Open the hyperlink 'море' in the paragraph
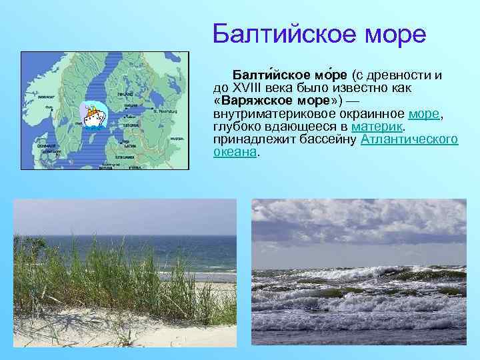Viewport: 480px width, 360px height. click(426, 114)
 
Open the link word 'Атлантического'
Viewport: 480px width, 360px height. click(409, 139)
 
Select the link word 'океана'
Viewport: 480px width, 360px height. click(235, 152)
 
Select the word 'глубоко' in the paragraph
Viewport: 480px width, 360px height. click(235, 127)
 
